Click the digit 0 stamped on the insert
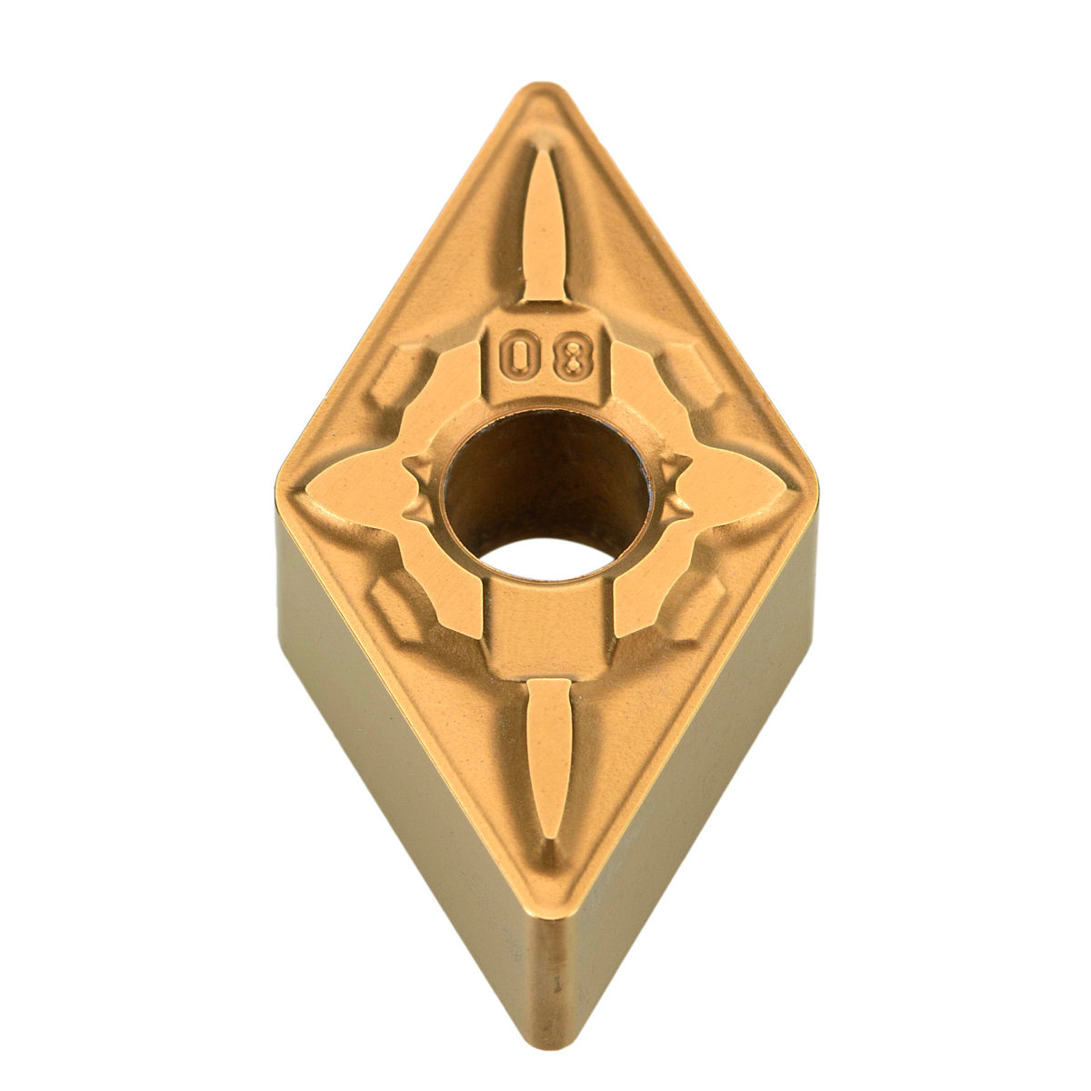[516, 358]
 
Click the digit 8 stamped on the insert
[573, 358]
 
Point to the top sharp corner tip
[542, 85]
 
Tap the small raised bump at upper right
[692, 376]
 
